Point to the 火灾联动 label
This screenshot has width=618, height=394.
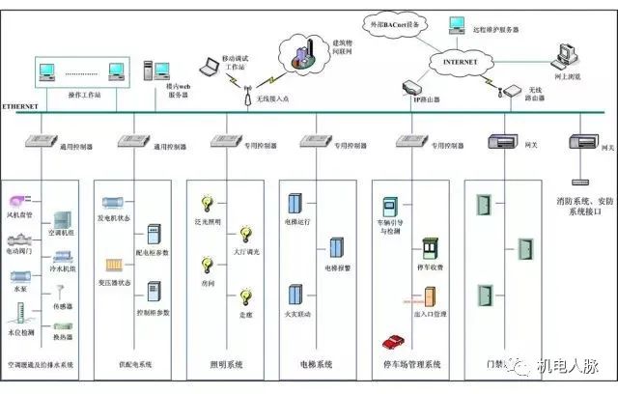tap(298, 315)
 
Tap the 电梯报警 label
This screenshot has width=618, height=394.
tap(337, 267)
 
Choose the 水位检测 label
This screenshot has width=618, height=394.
tap(21, 332)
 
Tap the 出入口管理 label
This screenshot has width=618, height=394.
tap(429, 315)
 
